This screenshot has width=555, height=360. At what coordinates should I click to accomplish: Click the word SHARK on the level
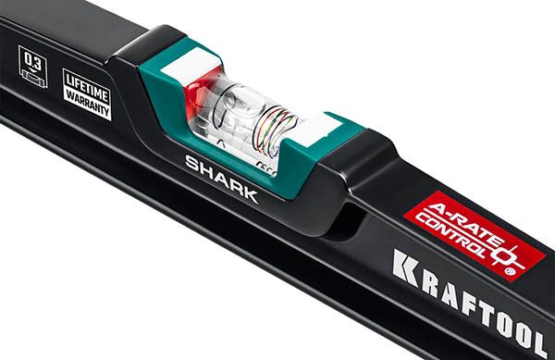(221, 178)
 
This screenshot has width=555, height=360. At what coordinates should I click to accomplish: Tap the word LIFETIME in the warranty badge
(85, 82)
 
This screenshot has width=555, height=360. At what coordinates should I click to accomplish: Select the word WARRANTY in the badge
(87, 100)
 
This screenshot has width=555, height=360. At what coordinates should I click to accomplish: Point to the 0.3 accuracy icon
(33, 69)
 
